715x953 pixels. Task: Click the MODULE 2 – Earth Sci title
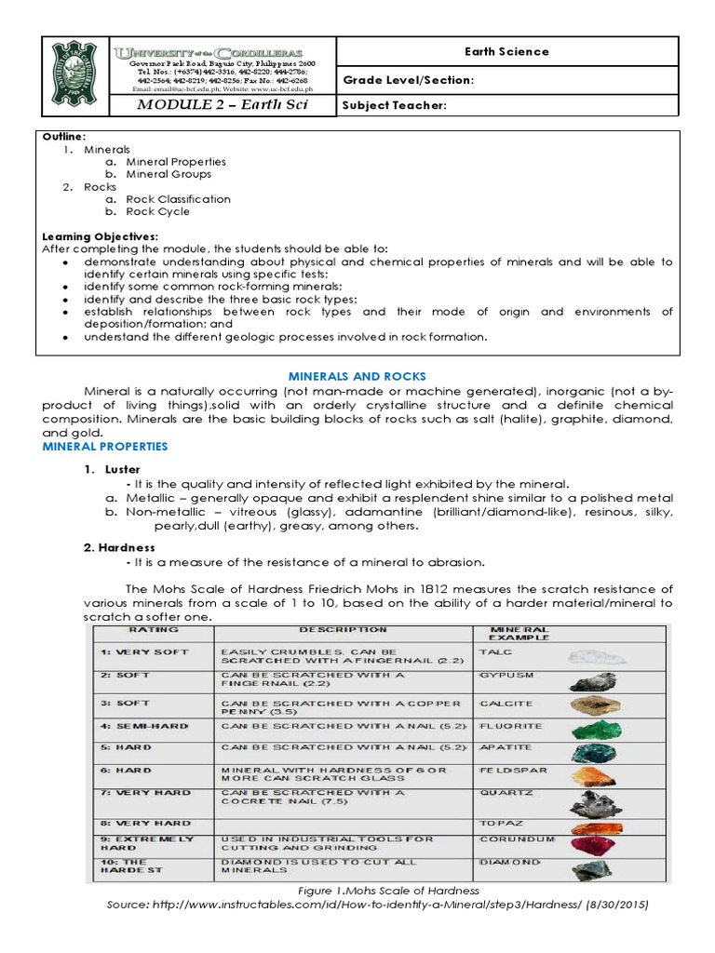click(x=222, y=105)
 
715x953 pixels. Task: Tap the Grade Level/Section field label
click(x=409, y=80)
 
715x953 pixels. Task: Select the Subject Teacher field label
click(x=395, y=105)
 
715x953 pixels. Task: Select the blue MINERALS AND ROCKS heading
click(x=357, y=376)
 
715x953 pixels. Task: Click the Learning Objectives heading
click(x=101, y=237)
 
